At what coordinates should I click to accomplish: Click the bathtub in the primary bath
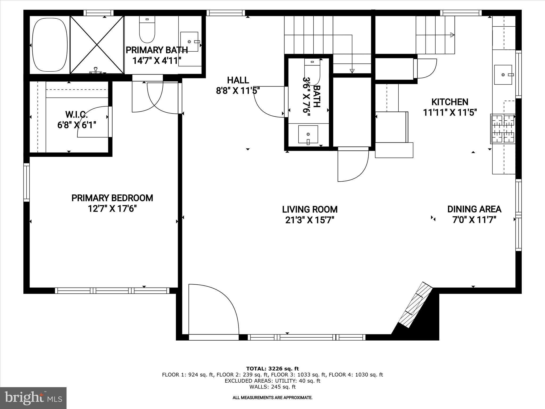[x=49, y=45]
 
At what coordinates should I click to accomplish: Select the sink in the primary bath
[x=189, y=42]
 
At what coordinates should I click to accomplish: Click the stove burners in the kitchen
[x=503, y=129]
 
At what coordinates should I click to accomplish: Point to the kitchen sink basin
[x=503, y=75]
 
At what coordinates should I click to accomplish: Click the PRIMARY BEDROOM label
[x=112, y=198]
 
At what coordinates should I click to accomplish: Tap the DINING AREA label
[x=474, y=209]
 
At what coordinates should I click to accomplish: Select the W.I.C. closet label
[x=76, y=115]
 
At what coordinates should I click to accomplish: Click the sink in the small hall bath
[x=308, y=134]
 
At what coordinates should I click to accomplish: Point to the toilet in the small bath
[x=312, y=70]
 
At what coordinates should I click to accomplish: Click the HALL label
[x=238, y=80]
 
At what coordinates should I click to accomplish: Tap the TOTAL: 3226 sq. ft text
[x=272, y=369]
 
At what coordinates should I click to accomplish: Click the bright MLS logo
[x=33, y=398]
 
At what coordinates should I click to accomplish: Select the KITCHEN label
[x=450, y=102]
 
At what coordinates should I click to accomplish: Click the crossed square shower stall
[x=97, y=45]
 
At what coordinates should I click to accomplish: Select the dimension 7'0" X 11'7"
[x=474, y=220]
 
